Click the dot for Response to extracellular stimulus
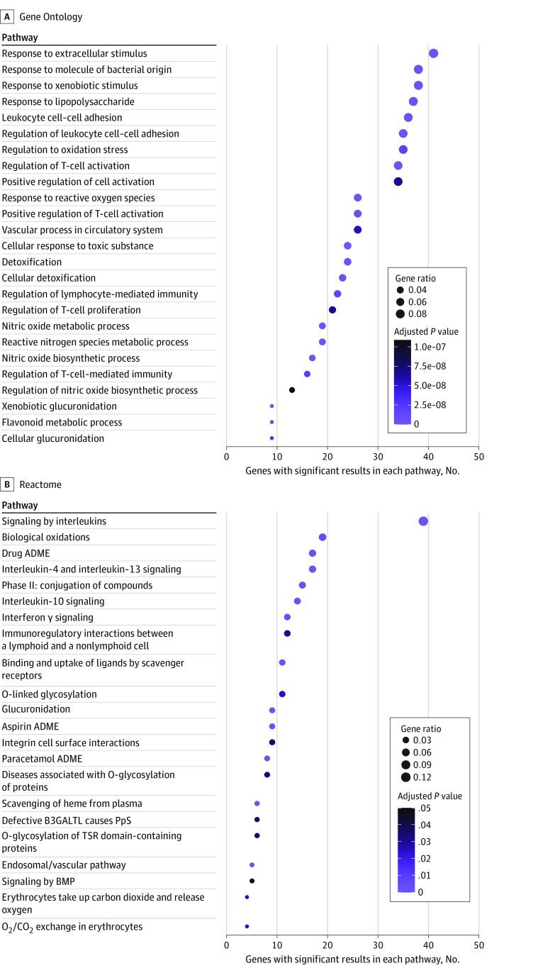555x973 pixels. (x=433, y=53)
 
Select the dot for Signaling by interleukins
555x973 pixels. (x=423, y=521)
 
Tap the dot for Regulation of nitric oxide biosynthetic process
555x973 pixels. (x=292, y=390)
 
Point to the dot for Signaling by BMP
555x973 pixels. (x=252, y=881)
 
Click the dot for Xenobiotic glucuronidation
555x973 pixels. (x=271, y=406)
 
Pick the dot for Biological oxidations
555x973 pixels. (x=323, y=538)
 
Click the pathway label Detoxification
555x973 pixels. (x=31, y=262)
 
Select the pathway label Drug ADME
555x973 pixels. (x=26, y=553)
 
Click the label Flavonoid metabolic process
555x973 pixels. (x=62, y=423)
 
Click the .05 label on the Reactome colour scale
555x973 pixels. (x=425, y=808)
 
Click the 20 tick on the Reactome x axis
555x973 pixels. (x=327, y=945)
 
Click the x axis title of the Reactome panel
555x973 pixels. (x=352, y=959)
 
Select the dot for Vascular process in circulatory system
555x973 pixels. (x=358, y=230)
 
